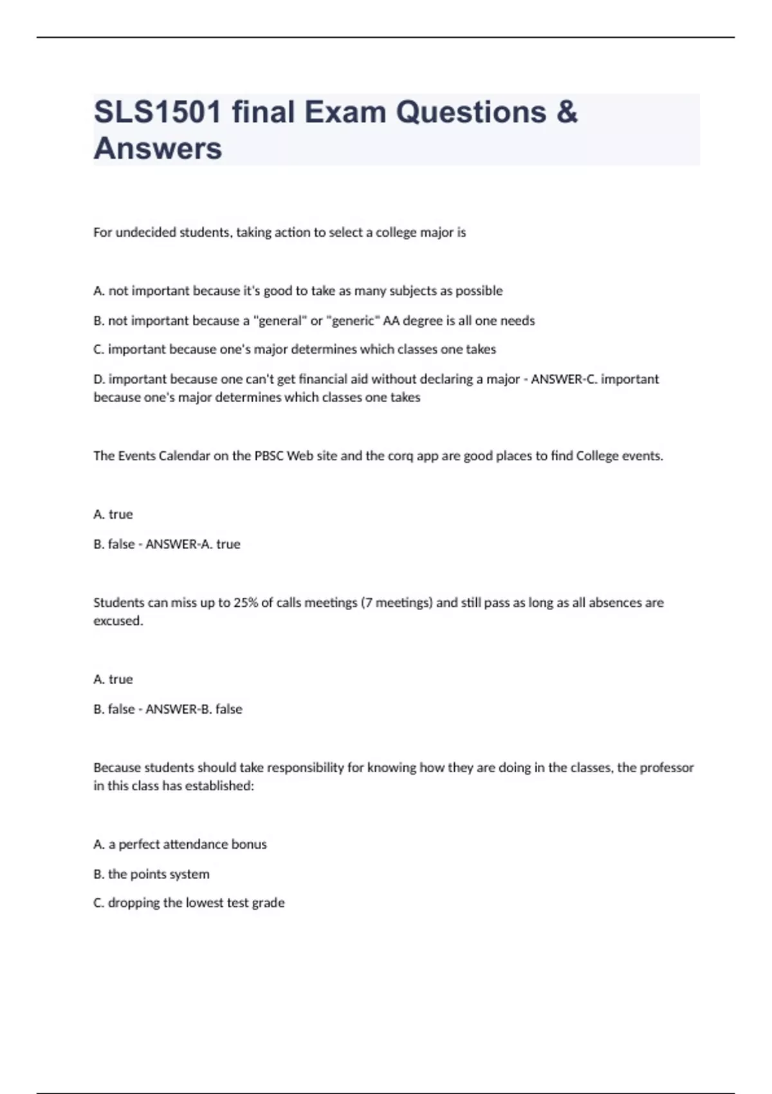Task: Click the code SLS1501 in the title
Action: pos(158,112)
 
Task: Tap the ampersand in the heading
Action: pos(566,112)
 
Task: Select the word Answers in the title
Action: pos(158,148)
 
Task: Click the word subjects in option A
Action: pos(412,291)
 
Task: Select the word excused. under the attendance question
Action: pos(118,620)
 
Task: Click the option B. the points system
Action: pos(151,874)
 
